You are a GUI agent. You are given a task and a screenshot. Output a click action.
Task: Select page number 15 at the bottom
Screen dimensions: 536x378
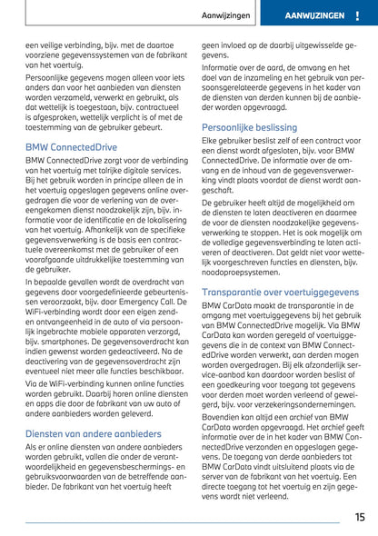[360, 516]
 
